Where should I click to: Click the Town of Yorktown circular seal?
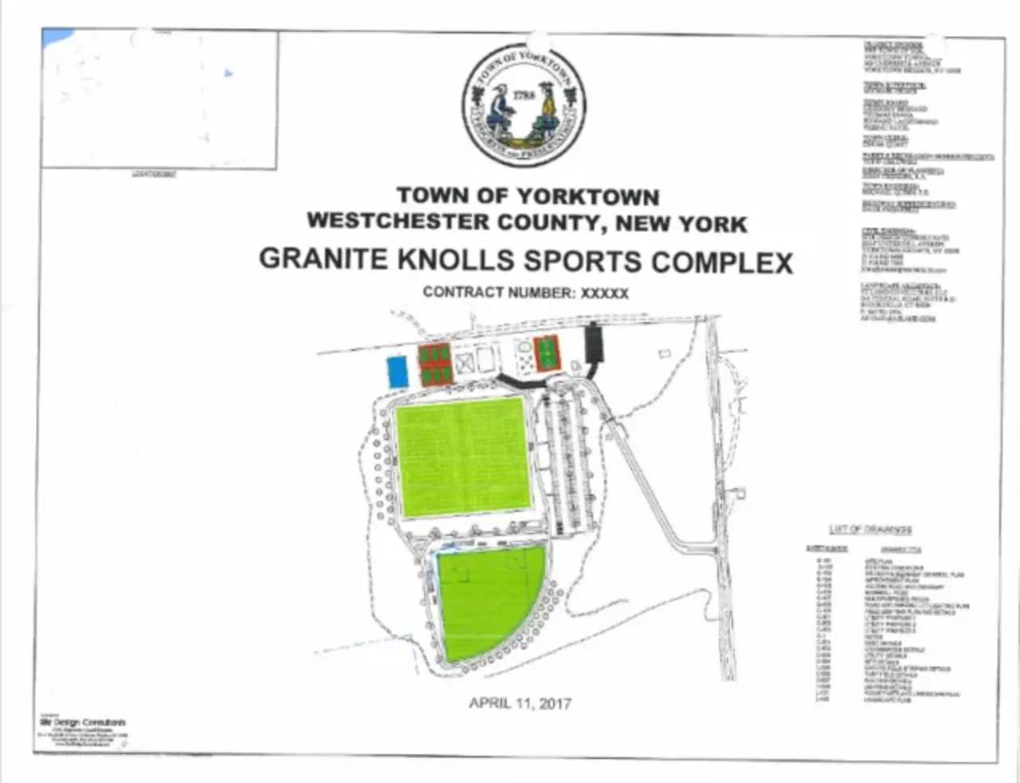coord(524,104)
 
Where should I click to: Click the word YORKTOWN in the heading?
coord(588,196)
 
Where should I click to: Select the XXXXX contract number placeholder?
coord(605,293)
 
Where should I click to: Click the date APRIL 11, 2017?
coord(520,702)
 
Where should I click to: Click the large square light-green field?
coord(462,460)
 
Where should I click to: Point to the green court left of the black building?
coord(546,353)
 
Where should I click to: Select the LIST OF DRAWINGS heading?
coord(869,529)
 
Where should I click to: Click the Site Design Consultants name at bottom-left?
coord(83,722)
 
